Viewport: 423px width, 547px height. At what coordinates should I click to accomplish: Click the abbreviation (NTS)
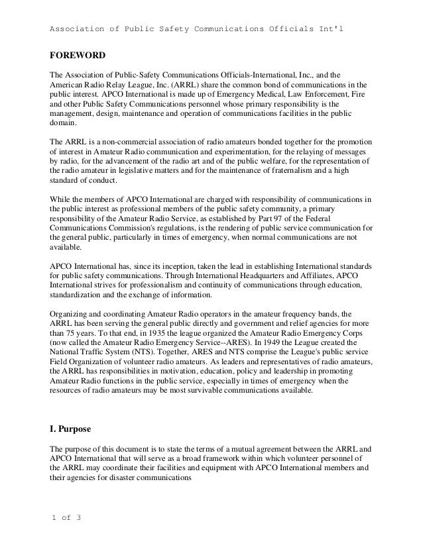(x=153, y=354)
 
